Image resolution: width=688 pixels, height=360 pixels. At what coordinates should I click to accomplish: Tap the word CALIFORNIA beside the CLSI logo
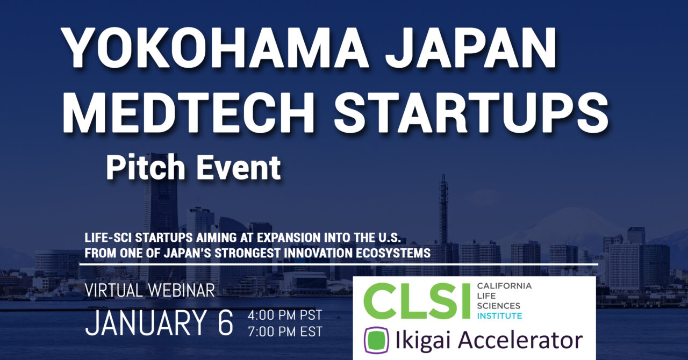pos(504,286)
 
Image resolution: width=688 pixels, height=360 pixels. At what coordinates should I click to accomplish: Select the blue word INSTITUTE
pos(499,315)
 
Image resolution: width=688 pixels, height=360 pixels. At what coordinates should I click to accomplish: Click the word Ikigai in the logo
pos(425,341)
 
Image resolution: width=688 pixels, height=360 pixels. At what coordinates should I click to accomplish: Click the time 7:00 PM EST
pos(284,332)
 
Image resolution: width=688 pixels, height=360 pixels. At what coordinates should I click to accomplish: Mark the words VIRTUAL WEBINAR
pos(150,291)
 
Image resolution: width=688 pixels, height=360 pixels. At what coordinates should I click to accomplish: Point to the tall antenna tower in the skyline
pos(443,204)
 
